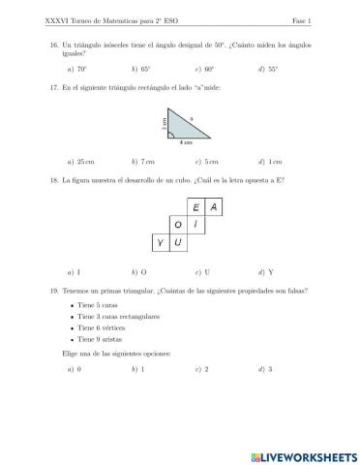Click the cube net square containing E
(195, 207)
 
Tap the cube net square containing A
(213, 207)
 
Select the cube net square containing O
(178, 225)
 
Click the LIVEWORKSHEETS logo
(303, 454)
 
